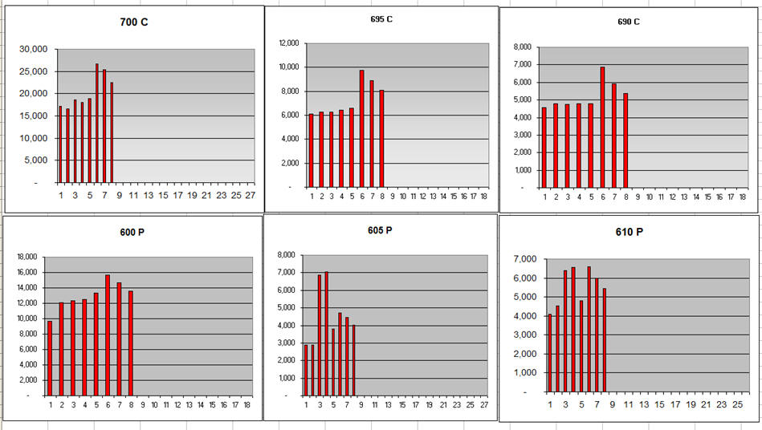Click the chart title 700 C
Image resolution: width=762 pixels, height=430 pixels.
(x=133, y=22)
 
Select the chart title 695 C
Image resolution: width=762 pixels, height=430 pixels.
(x=381, y=18)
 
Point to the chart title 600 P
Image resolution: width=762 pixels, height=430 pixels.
(x=132, y=232)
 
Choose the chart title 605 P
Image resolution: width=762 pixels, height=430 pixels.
(x=380, y=230)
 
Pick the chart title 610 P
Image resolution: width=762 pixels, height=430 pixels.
(x=630, y=232)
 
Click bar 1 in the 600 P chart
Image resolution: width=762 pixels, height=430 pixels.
(x=50, y=358)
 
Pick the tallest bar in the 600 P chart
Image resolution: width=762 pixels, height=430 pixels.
(x=108, y=335)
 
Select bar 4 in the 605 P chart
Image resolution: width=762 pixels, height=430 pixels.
(x=326, y=333)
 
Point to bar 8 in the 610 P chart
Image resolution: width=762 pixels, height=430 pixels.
(x=604, y=340)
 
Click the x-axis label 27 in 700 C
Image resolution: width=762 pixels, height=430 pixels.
(x=250, y=195)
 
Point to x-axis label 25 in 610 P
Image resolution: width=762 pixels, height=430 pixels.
(x=736, y=404)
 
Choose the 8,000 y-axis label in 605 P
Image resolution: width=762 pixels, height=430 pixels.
(x=285, y=255)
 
